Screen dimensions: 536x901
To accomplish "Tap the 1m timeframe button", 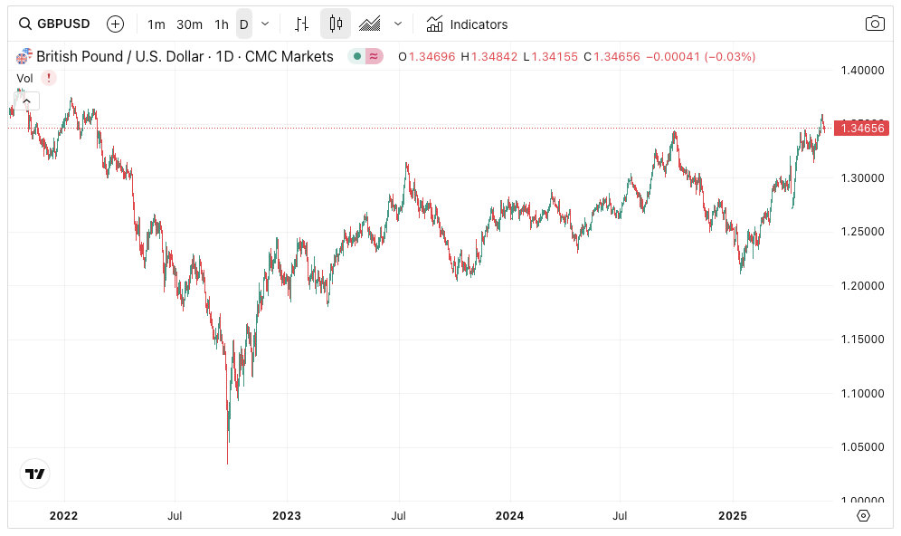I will coord(156,24).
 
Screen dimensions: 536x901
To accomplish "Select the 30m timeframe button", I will coord(189,24).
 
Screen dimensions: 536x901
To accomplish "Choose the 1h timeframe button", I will coord(222,24).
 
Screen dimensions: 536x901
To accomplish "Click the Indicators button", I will coord(467,24).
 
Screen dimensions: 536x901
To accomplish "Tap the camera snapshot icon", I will coord(874,24).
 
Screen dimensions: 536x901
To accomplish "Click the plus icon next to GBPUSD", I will coord(115,24).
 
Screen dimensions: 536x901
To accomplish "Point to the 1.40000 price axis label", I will coord(861,70).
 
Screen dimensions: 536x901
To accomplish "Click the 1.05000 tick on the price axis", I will coord(861,446).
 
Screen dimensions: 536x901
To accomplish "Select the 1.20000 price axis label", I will coord(861,285).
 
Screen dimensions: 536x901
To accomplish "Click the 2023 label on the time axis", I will coord(287,516).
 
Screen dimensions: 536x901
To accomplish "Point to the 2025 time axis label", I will coord(732,516).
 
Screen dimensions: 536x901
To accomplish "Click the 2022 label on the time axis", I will coord(63,516).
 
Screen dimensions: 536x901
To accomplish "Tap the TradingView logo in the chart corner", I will coord(35,474).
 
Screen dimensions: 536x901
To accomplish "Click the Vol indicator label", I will coord(25,78).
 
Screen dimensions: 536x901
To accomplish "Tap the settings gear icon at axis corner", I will coord(863,515).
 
